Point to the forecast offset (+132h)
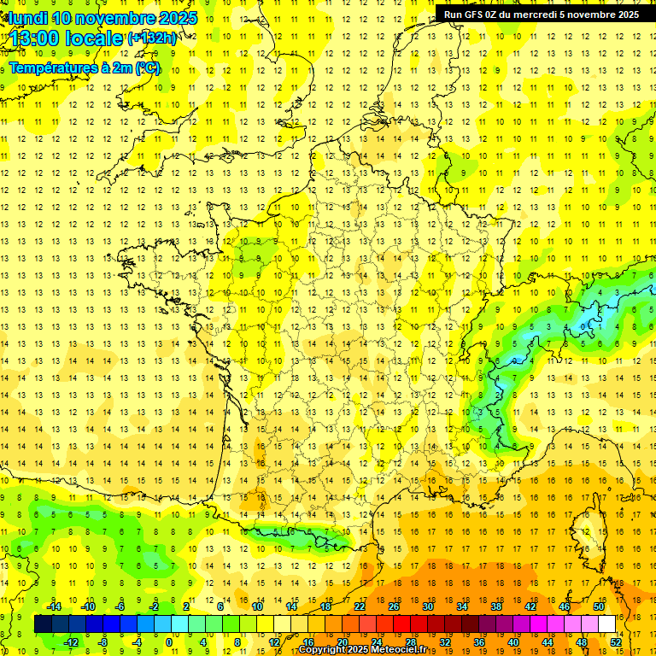click(x=152, y=38)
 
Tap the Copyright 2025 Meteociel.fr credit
click(x=362, y=650)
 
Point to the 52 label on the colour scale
click(x=615, y=641)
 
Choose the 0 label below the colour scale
click(x=170, y=641)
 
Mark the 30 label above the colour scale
click(x=427, y=606)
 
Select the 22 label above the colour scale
click(x=359, y=606)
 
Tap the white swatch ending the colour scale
click(x=606, y=624)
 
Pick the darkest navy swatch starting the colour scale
click(x=43, y=624)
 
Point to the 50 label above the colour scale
click(x=598, y=606)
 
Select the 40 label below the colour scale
click(x=512, y=641)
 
